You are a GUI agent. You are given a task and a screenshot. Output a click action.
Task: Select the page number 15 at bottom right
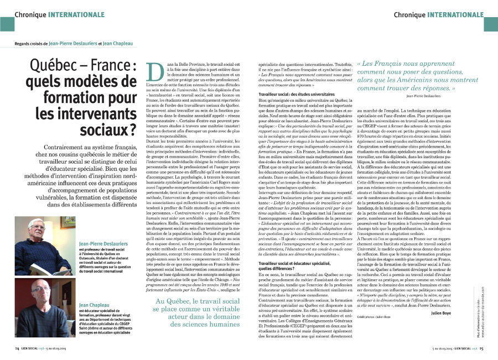click(x=481, y=348)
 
